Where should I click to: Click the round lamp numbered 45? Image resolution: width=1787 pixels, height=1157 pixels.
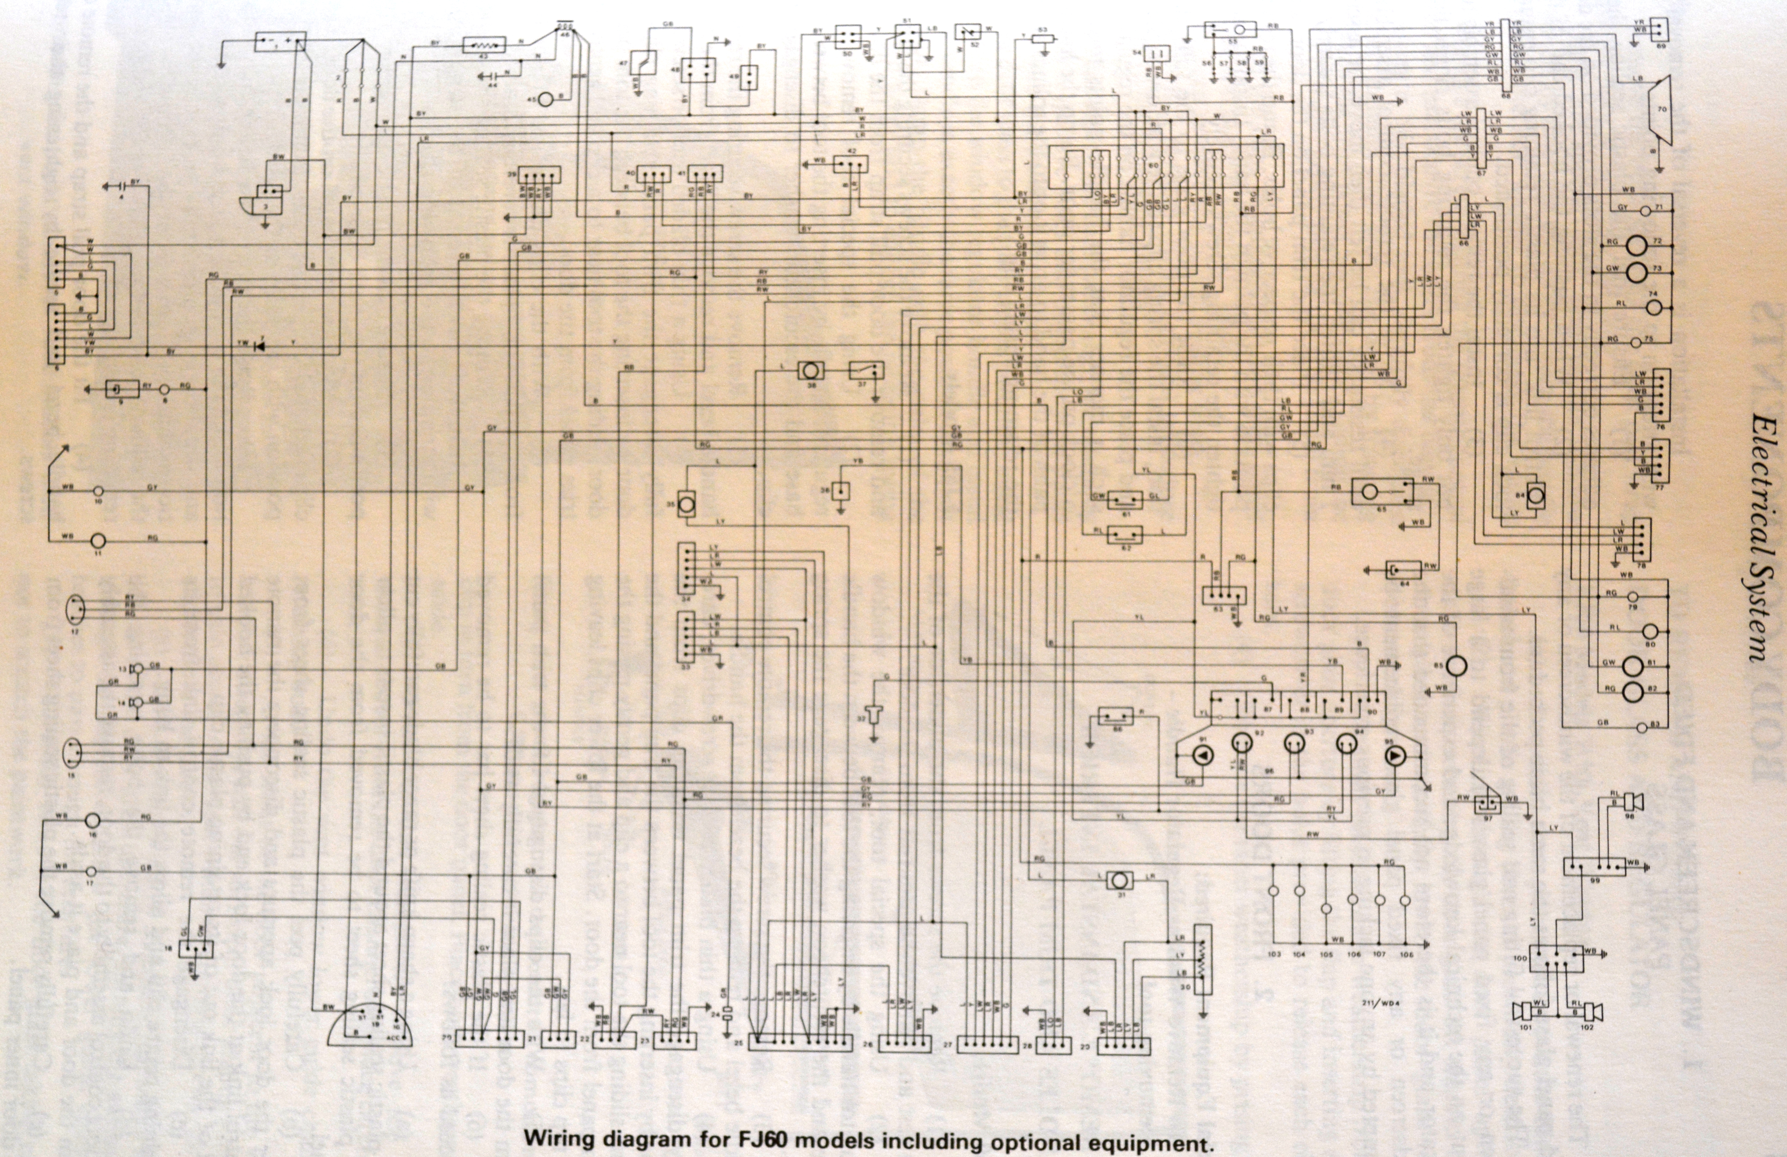tap(547, 98)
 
